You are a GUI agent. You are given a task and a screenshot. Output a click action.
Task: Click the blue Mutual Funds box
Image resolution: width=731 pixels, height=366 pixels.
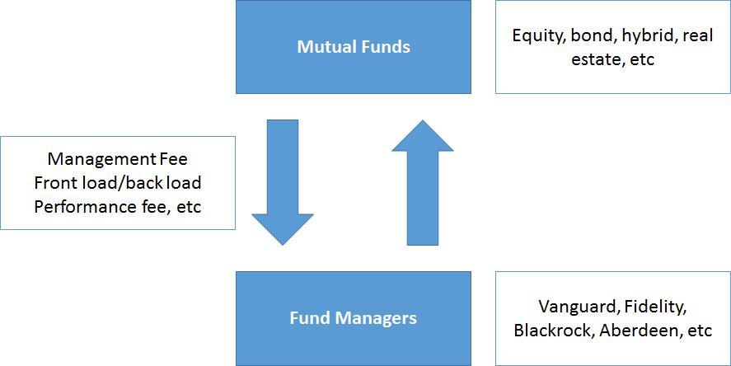point(354,47)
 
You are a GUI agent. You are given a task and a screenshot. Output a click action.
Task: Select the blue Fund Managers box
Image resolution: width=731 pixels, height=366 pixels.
point(354,318)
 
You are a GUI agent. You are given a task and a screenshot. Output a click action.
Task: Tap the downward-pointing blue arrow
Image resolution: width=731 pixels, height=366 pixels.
point(283,182)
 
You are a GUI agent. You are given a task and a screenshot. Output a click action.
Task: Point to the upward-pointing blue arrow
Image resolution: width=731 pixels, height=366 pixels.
point(423,182)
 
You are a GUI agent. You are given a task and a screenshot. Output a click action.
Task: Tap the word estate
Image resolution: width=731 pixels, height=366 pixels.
point(594,59)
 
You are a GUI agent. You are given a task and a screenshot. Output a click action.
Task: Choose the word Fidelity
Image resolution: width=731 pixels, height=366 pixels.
point(655,307)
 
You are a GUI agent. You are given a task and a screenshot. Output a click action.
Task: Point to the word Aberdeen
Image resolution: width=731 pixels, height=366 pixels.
point(640,331)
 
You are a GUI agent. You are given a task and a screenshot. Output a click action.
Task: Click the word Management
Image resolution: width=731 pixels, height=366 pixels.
point(102,159)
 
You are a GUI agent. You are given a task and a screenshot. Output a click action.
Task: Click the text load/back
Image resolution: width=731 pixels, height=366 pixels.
point(121,183)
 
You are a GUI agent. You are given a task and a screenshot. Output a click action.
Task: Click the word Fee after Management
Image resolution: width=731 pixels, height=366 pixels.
point(173,159)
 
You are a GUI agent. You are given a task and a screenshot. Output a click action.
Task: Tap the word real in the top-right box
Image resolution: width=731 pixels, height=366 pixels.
point(698,36)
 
